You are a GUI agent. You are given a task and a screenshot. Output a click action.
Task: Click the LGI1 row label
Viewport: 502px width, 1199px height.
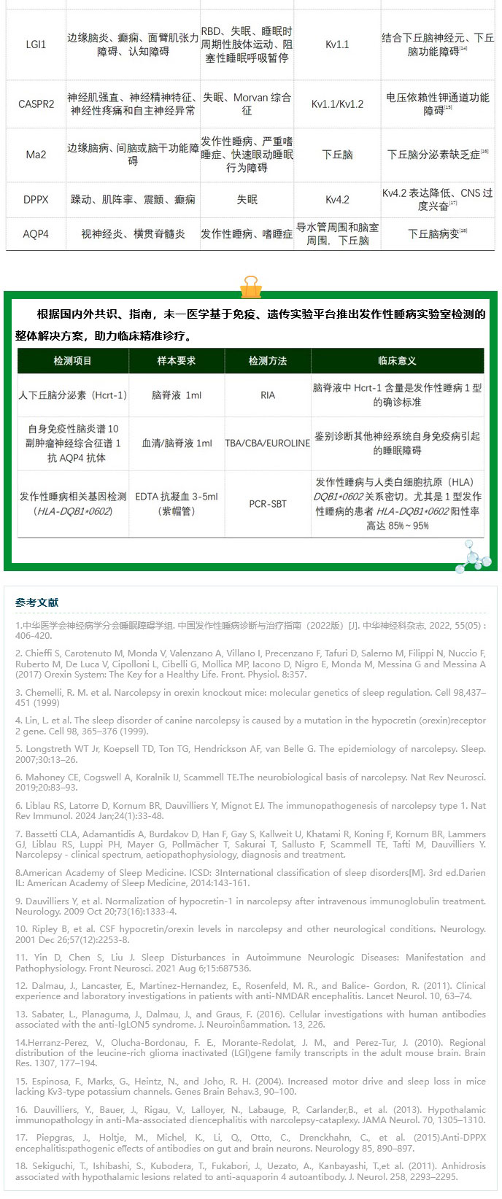36,44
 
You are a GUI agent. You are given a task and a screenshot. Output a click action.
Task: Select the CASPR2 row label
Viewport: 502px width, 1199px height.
36,104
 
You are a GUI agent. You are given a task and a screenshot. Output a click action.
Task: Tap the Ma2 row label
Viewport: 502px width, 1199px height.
36,155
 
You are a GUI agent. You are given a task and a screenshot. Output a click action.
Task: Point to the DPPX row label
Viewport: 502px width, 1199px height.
36,199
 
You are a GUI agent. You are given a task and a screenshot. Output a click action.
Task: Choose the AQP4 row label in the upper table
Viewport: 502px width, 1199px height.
36,234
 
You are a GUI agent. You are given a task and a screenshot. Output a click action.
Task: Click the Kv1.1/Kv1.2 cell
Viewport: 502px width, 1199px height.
337,104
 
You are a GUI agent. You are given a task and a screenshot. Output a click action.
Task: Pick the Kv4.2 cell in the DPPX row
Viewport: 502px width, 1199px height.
337,199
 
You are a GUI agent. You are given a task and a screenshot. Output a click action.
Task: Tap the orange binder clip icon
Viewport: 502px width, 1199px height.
250,287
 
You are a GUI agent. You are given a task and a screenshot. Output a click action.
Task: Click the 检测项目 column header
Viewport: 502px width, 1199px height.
73,361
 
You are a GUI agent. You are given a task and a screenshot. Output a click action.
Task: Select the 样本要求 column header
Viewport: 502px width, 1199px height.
177,361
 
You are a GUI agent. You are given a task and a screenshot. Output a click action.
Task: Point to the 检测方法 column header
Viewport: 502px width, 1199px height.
268,361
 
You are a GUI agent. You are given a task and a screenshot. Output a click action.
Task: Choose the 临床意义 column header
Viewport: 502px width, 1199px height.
397,361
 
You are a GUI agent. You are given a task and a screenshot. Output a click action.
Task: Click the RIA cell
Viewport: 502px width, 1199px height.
268,395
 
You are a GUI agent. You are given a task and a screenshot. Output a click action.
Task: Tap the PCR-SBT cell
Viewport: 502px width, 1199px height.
268,503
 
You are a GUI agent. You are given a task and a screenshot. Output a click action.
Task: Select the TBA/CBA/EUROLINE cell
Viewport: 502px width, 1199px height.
268,443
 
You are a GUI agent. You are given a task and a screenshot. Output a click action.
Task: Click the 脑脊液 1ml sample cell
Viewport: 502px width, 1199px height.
177,395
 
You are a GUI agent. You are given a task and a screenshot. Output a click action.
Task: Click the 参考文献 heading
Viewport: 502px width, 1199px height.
37,602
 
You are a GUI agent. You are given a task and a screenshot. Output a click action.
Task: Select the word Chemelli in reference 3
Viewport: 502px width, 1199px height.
45,692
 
